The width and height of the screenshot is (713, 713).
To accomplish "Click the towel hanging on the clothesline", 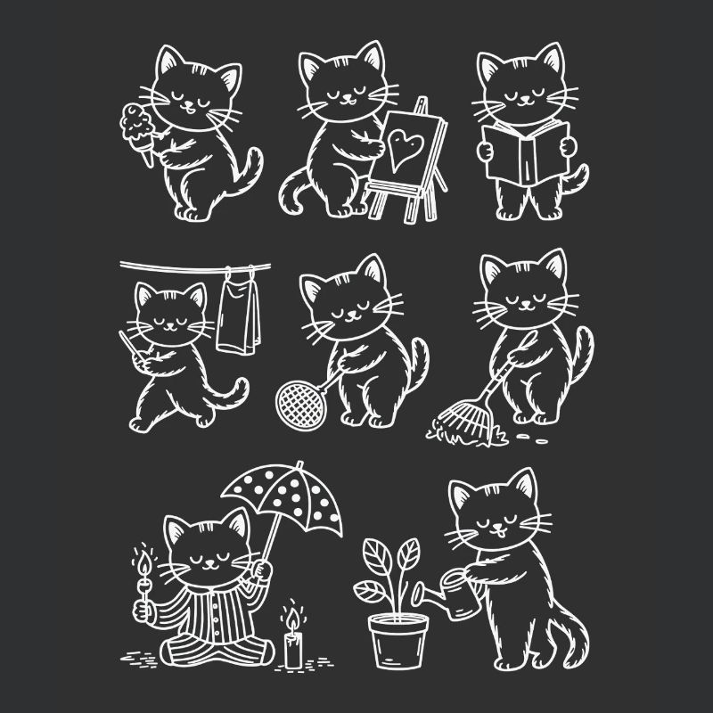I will pyautogui.click(x=236, y=312).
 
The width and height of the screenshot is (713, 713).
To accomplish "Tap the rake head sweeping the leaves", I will pyautogui.click(x=457, y=420).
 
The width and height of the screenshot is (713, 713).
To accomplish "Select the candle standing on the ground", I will pyautogui.click(x=291, y=647).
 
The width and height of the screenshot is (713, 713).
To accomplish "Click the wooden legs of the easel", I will pyautogui.click(x=401, y=201).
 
